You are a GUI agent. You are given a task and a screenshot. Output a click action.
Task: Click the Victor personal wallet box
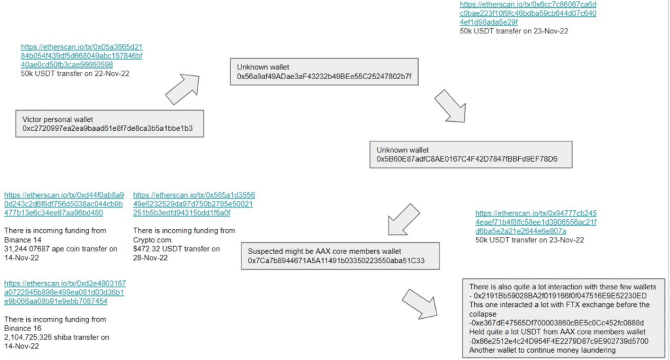click(109, 124)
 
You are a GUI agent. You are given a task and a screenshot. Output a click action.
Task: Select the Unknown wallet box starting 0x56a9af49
click(324, 72)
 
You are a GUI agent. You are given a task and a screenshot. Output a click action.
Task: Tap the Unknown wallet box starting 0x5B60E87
click(470, 154)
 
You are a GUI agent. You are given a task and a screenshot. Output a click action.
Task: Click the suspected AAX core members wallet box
click(340, 256)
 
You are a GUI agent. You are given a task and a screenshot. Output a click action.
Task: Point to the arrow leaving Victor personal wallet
click(183, 88)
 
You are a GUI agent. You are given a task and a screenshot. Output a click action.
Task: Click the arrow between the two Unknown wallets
click(451, 106)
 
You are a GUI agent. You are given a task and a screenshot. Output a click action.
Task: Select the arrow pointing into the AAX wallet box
click(403, 219)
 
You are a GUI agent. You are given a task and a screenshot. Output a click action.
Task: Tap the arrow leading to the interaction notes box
click(419, 304)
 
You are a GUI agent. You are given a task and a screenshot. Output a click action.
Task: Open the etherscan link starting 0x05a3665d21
click(82, 56)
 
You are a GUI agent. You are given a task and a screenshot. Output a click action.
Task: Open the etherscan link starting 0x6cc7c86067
click(528, 13)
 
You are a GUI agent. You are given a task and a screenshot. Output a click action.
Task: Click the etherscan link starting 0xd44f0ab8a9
click(64, 204)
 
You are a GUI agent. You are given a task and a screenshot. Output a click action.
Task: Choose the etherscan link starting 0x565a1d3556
click(194, 204)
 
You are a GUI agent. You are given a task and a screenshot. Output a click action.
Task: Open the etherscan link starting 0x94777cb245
click(536, 222)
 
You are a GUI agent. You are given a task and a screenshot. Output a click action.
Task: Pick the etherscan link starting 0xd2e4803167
click(65, 293)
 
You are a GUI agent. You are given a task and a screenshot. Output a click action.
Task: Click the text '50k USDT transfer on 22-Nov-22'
click(75, 73)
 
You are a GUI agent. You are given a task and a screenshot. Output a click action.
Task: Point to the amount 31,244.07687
click(27, 249)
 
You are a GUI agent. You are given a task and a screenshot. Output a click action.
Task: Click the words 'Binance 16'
click(23, 329)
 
